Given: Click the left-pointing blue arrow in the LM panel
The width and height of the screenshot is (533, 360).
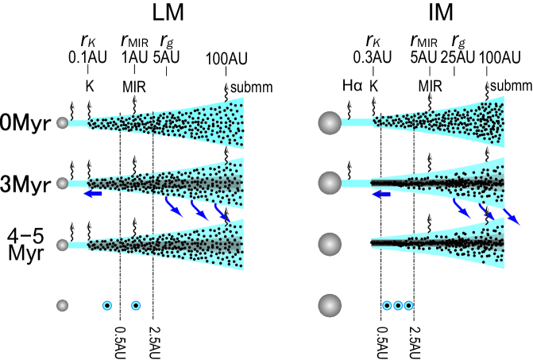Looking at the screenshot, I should (93, 192).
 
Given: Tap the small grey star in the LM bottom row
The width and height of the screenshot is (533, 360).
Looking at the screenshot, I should (63, 304).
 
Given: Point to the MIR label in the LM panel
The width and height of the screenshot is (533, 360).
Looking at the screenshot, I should (133, 85).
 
